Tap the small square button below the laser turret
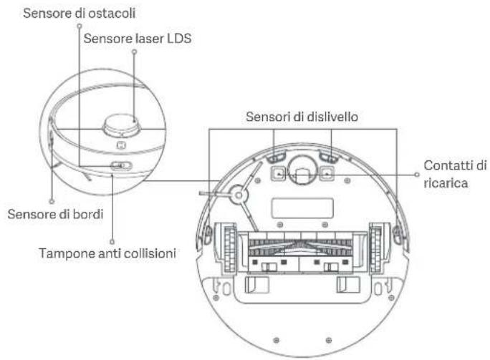point(122,145)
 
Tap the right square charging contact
point(326,172)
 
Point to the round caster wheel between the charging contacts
point(302,175)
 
